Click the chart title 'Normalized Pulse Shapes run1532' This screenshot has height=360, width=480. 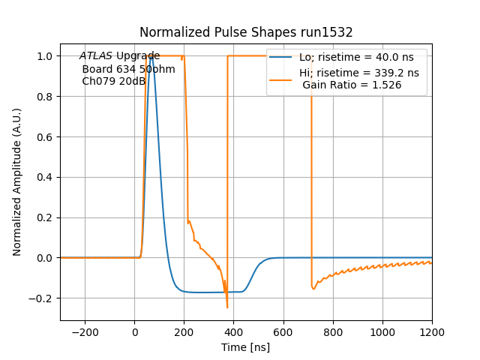tap(246, 32)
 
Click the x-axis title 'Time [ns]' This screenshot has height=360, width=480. tap(246, 347)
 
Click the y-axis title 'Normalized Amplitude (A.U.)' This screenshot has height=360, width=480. tap(17, 181)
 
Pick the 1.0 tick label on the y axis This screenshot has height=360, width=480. tap(44, 56)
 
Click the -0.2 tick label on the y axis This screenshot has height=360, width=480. tap(41, 298)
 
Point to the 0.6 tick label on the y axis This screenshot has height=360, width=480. tap(44, 137)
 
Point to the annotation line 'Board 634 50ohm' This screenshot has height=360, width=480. tap(128, 69)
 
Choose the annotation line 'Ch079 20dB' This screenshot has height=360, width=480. tap(113, 82)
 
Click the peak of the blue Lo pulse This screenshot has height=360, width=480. tap(151, 56)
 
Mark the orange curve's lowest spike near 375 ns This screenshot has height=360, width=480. tap(227, 307)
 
